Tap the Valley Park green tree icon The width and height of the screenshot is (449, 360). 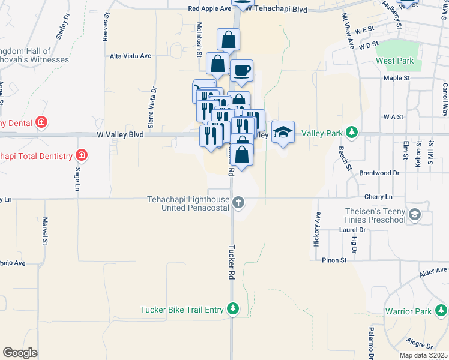pos(354,133)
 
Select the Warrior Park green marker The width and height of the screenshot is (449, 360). pos(441,311)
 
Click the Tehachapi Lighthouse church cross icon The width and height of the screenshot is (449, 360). pos(238,202)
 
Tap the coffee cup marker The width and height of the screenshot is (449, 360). pos(241,71)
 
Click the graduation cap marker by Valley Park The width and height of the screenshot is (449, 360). pos(283,131)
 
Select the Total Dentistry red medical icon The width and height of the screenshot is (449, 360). pos(82,156)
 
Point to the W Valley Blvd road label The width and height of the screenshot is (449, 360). pos(120,135)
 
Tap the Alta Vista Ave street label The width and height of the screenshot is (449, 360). pos(130,56)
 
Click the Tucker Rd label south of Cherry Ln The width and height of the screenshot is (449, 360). pos(231,262)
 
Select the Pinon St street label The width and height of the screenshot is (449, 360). pos(335,260)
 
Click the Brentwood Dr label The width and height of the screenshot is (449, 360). pos(379,173)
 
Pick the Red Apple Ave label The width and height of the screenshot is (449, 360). pos(209,9)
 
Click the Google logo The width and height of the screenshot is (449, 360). pos(20,353)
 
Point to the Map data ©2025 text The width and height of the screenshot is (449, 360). pos(423,355)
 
